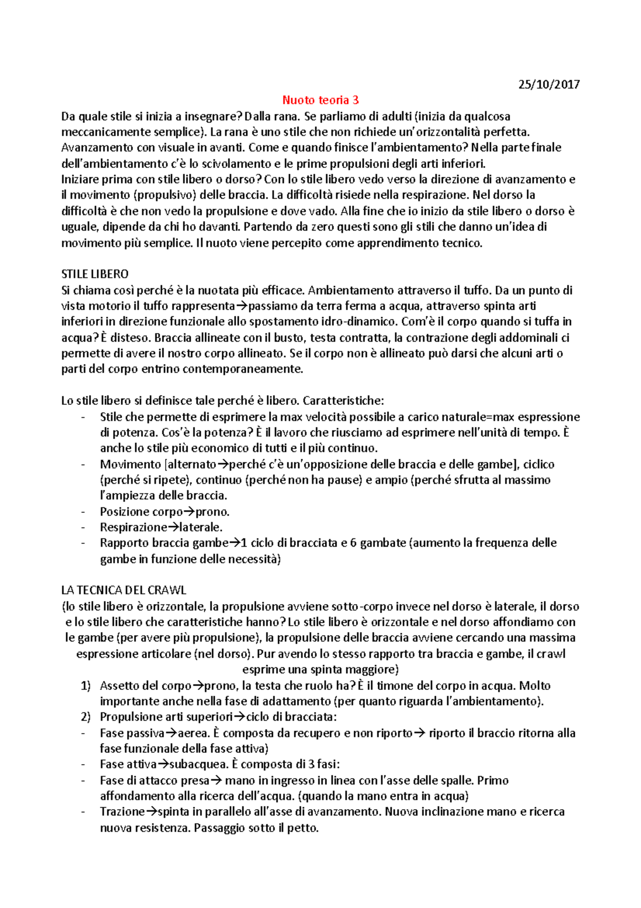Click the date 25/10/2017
click(549, 84)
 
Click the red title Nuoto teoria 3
click(320, 100)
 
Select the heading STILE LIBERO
click(95, 274)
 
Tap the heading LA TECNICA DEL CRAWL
click(124, 590)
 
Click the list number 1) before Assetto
click(85, 686)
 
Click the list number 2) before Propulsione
click(85, 717)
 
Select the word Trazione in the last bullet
click(122, 812)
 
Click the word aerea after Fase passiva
click(193, 733)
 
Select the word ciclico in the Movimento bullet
click(538, 464)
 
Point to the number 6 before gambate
click(353, 543)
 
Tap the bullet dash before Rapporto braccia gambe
click(83, 543)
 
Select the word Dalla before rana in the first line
click(258, 116)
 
